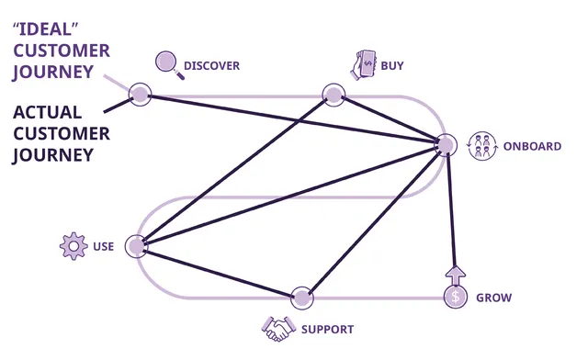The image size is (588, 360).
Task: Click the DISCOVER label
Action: (x=211, y=65)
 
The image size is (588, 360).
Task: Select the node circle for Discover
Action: (x=140, y=93)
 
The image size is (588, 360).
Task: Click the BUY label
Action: (x=391, y=65)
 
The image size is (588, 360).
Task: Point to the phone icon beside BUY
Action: (x=365, y=63)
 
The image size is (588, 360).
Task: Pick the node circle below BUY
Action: (x=333, y=93)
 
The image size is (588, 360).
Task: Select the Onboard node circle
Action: (x=446, y=144)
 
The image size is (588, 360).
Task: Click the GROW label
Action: (x=493, y=298)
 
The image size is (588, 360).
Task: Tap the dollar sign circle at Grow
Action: (x=455, y=297)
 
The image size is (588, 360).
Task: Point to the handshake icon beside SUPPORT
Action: (x=277, y=328)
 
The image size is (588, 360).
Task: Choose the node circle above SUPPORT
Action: (x=301, y=297)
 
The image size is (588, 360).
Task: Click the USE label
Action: (x=103, y=246)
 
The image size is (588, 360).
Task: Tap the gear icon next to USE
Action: (x=73, y=246)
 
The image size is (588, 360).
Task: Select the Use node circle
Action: (x=137, y=246)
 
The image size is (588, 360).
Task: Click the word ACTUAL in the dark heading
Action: (x=50, y=112)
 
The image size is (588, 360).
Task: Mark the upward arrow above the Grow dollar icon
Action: (x=456, y=274)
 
